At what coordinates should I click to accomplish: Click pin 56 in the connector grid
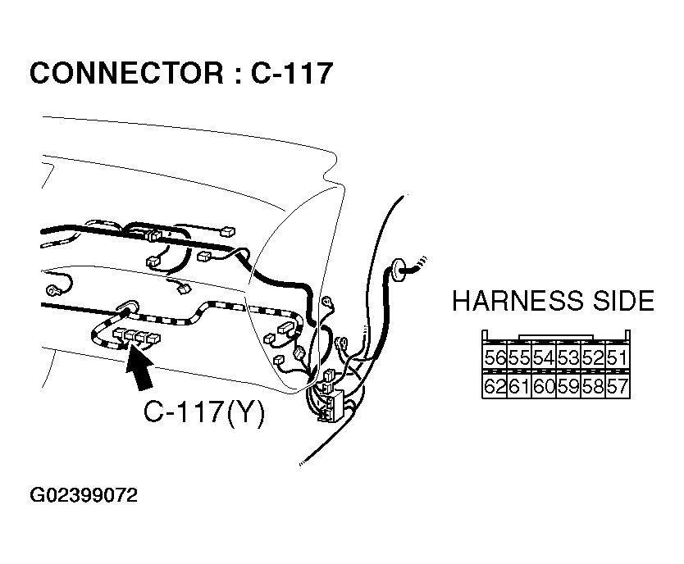(495, 358)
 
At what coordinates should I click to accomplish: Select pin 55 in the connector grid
(518, 358)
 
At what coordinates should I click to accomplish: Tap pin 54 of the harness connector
(543, 358)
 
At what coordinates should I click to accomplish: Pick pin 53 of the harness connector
(568, 358)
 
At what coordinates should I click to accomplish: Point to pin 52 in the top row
(592, 358)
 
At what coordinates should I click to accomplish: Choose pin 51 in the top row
(617, 358)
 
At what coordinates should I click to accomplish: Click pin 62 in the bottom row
(495, 386)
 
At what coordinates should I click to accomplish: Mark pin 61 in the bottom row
(518, 386)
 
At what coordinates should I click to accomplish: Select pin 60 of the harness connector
(543, 386)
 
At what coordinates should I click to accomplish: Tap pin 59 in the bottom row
(568, 386)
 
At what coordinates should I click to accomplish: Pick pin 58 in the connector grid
(592, 386)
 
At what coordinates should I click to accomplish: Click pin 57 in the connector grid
(617, 386)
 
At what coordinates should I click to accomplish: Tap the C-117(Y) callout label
(204, 413)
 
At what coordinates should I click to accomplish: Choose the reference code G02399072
(83, 496)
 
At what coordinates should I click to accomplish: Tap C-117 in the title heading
(291, 74)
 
